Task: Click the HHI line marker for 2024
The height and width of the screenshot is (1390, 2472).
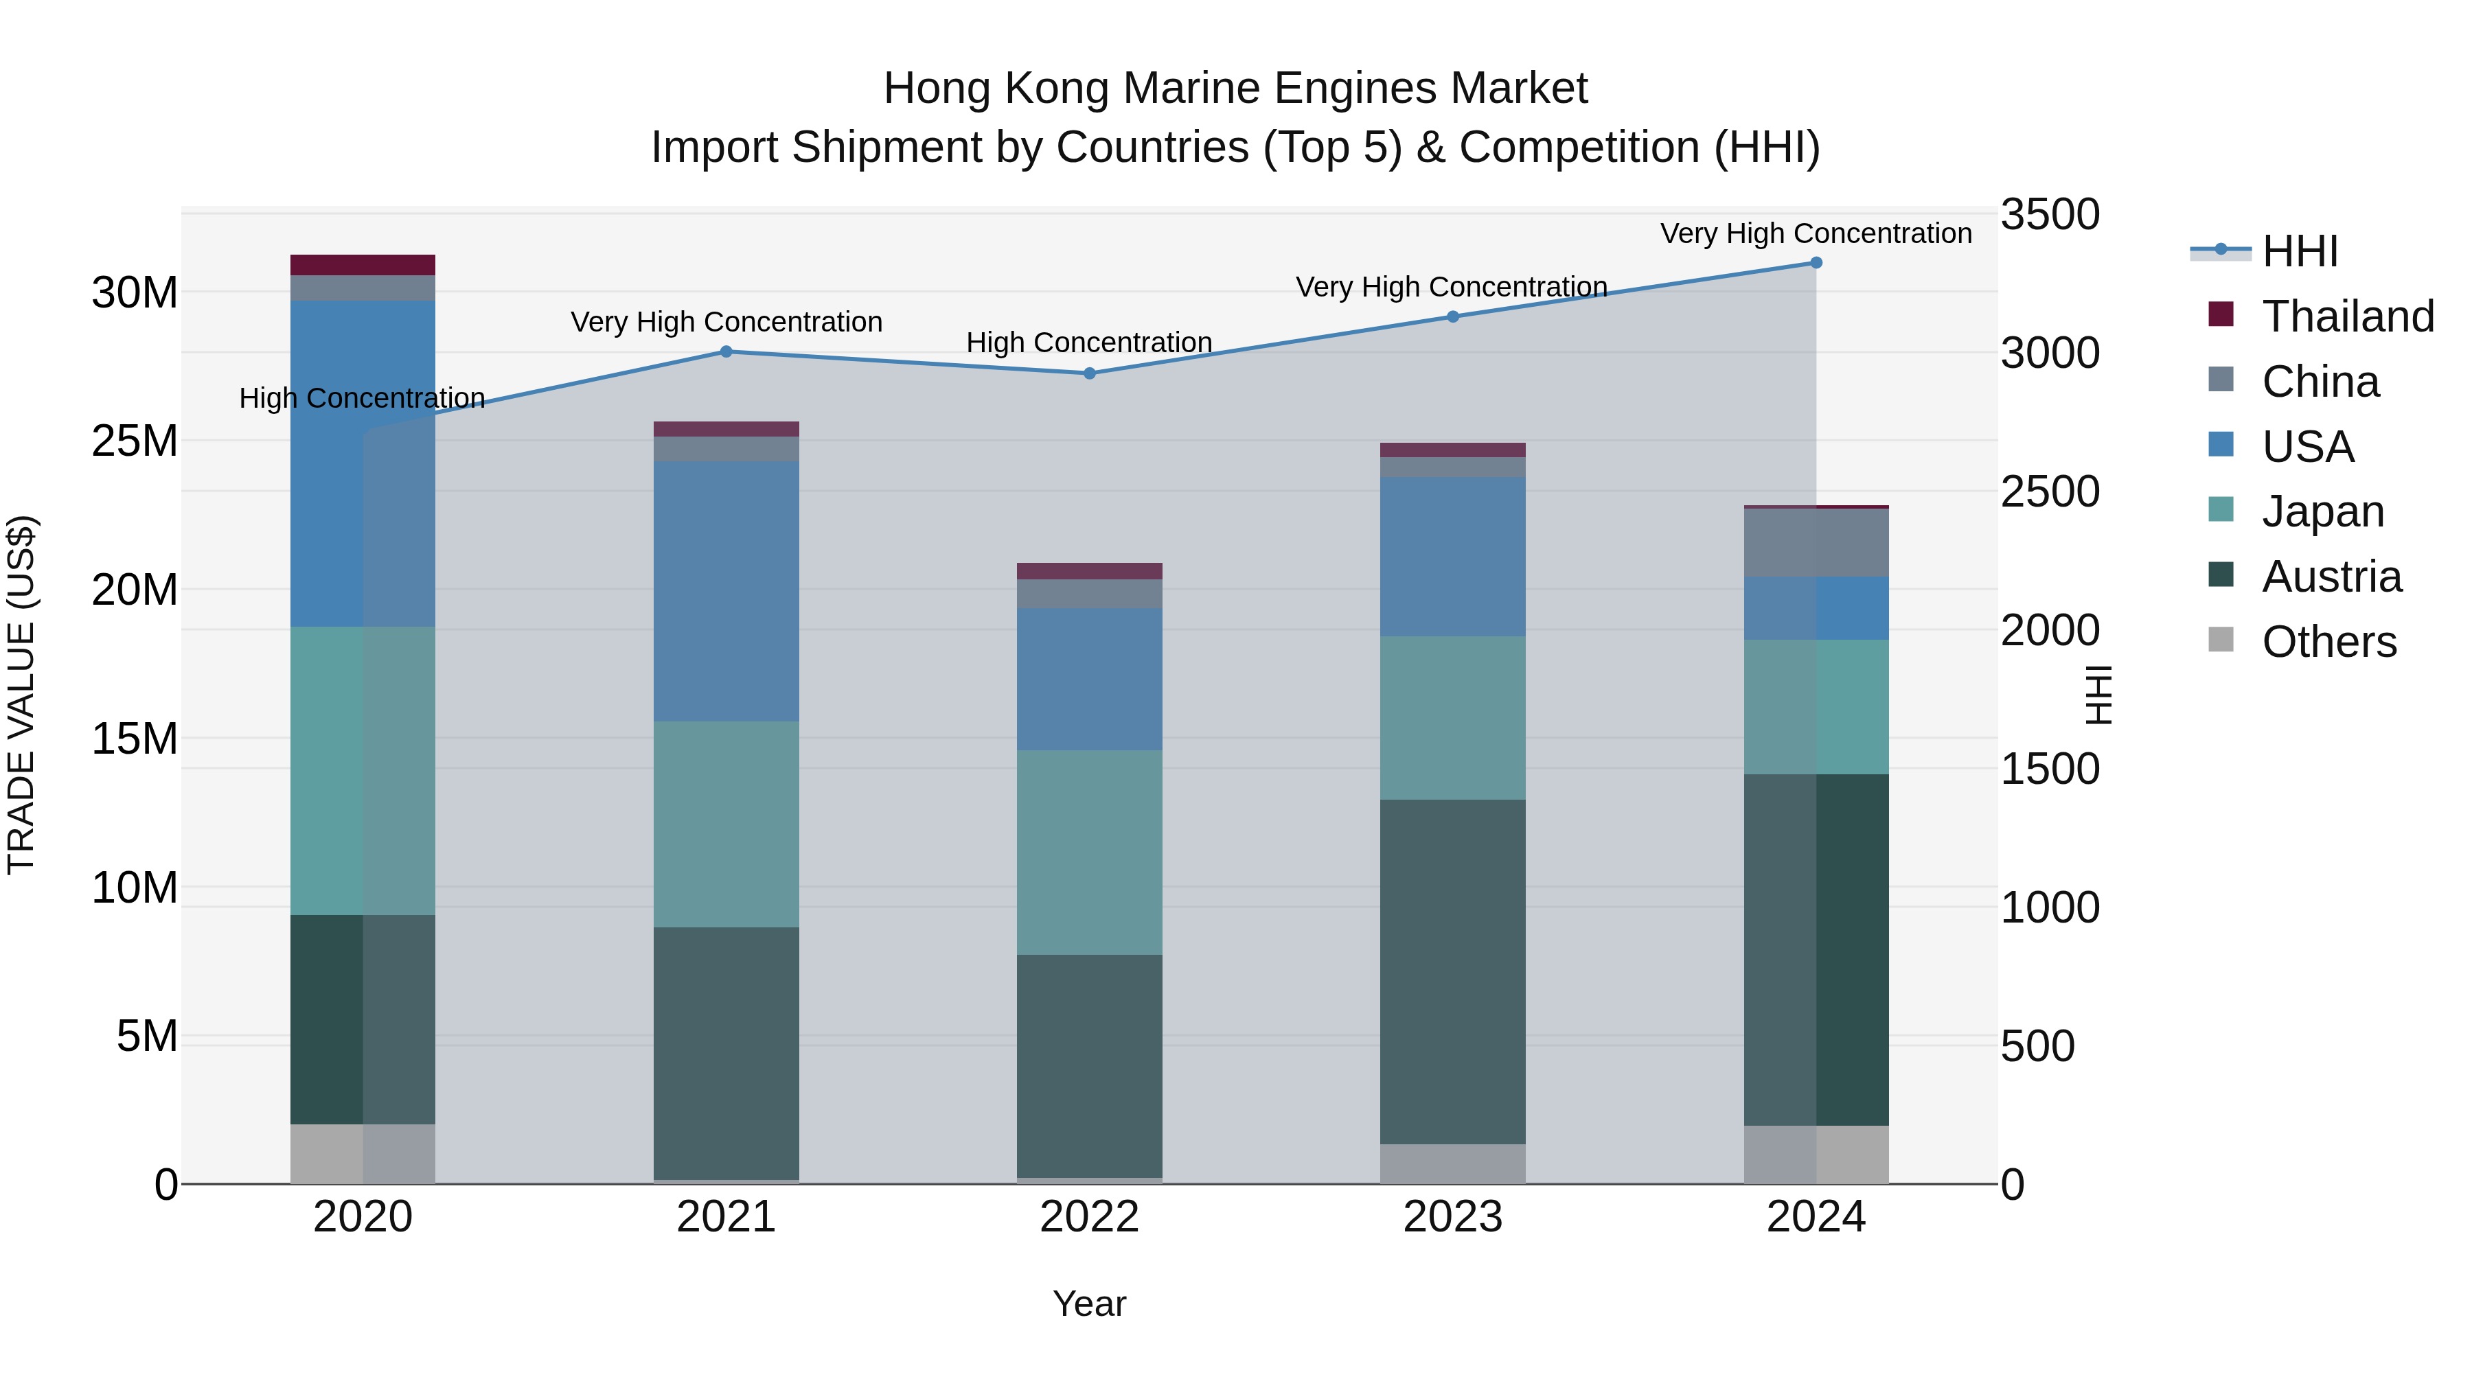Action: [x=1816, y=263]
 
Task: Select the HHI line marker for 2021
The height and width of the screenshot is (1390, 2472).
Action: [x=726, y=352]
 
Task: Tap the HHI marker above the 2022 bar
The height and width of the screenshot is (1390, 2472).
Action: [x=1089, y=373]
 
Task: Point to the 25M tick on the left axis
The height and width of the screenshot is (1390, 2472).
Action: [x=135, y=441]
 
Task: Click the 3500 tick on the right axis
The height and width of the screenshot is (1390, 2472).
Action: [x=2050, y=215]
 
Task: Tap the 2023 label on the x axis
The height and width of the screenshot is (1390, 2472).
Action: [x=1452, y=1217]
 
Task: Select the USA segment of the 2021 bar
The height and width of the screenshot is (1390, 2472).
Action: [x=726, y=591]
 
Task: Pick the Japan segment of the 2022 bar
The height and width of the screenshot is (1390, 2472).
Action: [x=1089, y=852]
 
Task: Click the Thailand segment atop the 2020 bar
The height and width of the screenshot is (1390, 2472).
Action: [x=363, y=265]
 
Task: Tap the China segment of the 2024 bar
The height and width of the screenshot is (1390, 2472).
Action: [x=1816, y=543]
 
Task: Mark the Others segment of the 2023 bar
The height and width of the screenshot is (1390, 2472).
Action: [x=1452, y=1163]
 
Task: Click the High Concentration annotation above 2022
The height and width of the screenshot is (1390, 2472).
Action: [x=1089, y=343]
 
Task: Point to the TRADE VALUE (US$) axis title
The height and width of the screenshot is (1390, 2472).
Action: [x=21, y=695]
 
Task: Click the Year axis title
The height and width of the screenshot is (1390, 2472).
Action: [x=1089, y=1304]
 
